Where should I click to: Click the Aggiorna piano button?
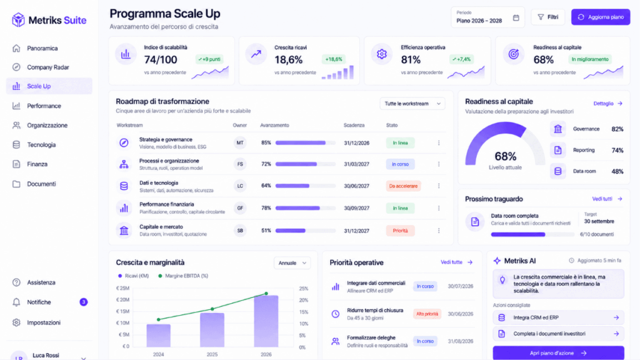601,17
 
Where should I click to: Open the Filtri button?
547,17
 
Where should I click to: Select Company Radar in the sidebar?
47,67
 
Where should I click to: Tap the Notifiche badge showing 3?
83,302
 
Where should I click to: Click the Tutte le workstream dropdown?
412,104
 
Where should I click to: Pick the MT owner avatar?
240,143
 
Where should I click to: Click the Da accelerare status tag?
403,186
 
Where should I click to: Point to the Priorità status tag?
400,231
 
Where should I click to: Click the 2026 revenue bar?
266,321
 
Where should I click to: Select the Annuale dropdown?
292,263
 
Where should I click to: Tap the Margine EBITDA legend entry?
183,276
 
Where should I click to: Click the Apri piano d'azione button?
558,353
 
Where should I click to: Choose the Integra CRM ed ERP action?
558,317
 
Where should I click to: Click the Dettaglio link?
607,104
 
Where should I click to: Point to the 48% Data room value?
617,171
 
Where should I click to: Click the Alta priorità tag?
427,314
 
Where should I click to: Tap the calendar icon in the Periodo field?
516,17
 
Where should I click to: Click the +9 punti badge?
209,59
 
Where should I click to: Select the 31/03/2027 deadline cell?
356,164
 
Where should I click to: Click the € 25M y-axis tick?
122,288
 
